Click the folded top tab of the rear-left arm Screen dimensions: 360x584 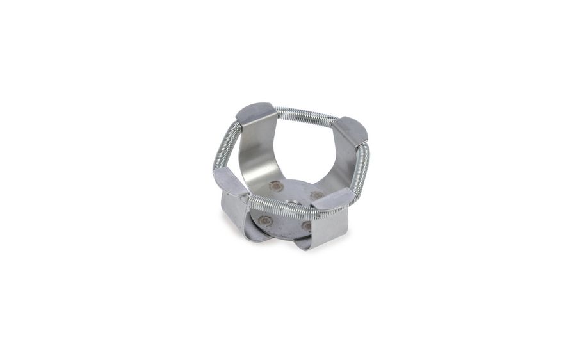coord(255,115)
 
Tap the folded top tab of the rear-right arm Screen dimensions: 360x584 coord(349,130)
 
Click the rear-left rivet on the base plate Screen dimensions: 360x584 coord(276,186)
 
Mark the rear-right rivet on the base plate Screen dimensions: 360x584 coord(317,194)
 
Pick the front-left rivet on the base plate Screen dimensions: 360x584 coord(265,220)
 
